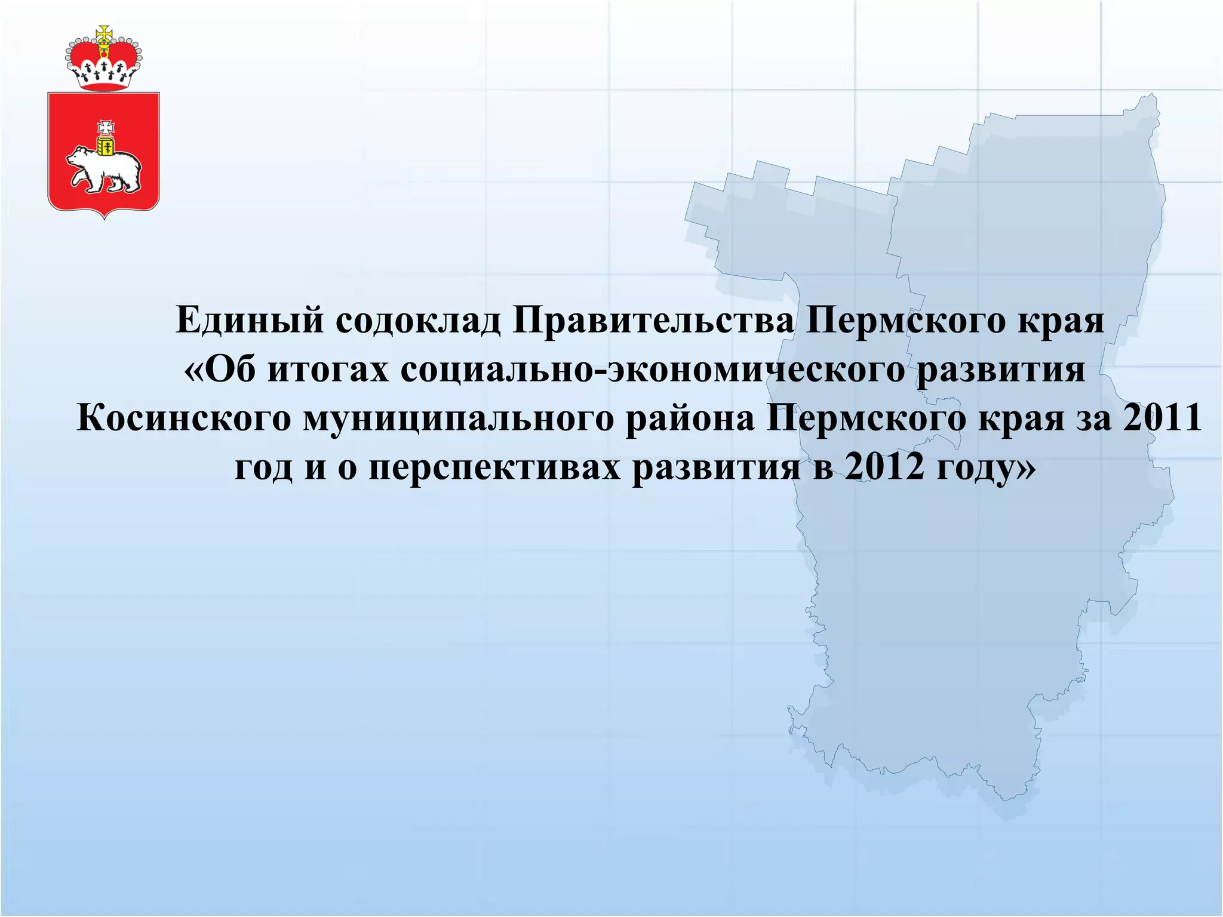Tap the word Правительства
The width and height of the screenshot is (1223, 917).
tap(653, 321)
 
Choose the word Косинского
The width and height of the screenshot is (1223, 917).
tap(184, 419)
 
